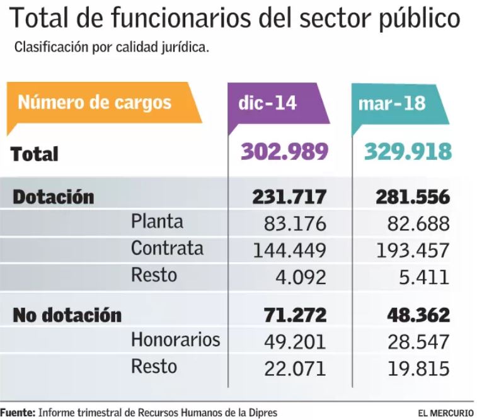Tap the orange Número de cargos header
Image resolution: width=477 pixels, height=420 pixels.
coord(95,102)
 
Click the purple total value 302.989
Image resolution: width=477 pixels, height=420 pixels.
coord(284,152)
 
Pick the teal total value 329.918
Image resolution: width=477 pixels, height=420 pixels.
coord(408,152)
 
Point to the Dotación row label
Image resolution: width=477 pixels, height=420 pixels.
coord(54,197)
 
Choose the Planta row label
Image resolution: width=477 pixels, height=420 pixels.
coord(157,222)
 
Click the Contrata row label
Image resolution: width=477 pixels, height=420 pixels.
coord(167,249)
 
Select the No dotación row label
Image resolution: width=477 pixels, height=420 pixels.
coord(67,315)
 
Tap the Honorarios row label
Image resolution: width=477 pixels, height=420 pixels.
coord(175,340)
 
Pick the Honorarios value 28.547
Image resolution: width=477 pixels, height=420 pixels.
coord(418,342)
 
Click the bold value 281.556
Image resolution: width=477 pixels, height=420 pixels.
coord(412,197)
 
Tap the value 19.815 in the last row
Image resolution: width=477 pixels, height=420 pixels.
coord(418,368)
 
